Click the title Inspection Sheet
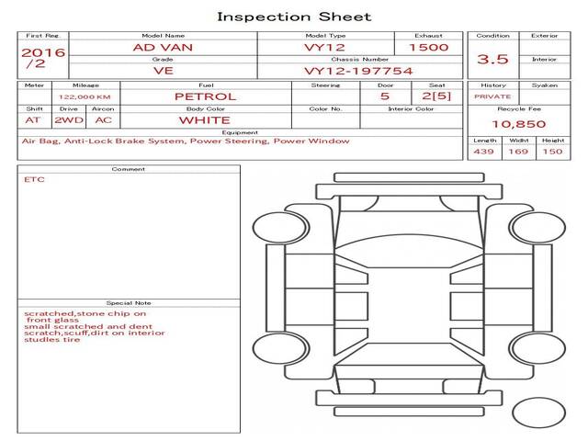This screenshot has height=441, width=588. point(294,17)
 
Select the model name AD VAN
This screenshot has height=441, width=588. point(163,47)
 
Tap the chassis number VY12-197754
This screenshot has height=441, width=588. point(345,70)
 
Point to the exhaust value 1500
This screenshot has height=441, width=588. point(428,47)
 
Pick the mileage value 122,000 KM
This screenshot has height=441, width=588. point(85,96)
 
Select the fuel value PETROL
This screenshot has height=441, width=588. point(205,96)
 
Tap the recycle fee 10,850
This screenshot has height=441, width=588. point(518,124)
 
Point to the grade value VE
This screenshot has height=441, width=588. point(163,70)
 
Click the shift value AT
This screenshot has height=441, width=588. point(33,120)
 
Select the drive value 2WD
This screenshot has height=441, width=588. point(67,120)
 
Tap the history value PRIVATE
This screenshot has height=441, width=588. point(492,96)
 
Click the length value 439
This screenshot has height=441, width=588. point(484,153)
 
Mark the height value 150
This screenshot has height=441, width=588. point(552,153)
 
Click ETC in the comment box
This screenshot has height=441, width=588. point(35,180)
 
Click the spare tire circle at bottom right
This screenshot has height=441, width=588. point(538,413)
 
